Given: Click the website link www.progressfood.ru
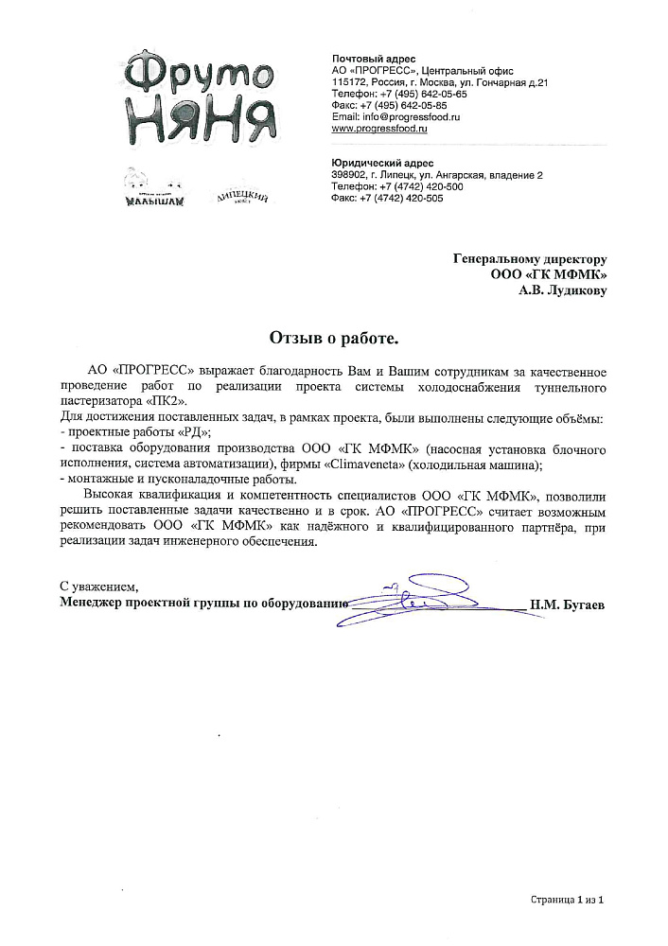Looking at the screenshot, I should pyautogui.click(x=379, y=128).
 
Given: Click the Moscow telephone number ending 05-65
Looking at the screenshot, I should pyautogui.click(x=414, y=94).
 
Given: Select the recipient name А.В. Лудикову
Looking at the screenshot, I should pyautogui.click(x=562, y=291).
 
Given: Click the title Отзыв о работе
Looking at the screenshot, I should pyautogui.click(x=334, y=337).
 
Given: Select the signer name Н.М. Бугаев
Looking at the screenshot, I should pyautogui.click(x=567, y=603).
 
